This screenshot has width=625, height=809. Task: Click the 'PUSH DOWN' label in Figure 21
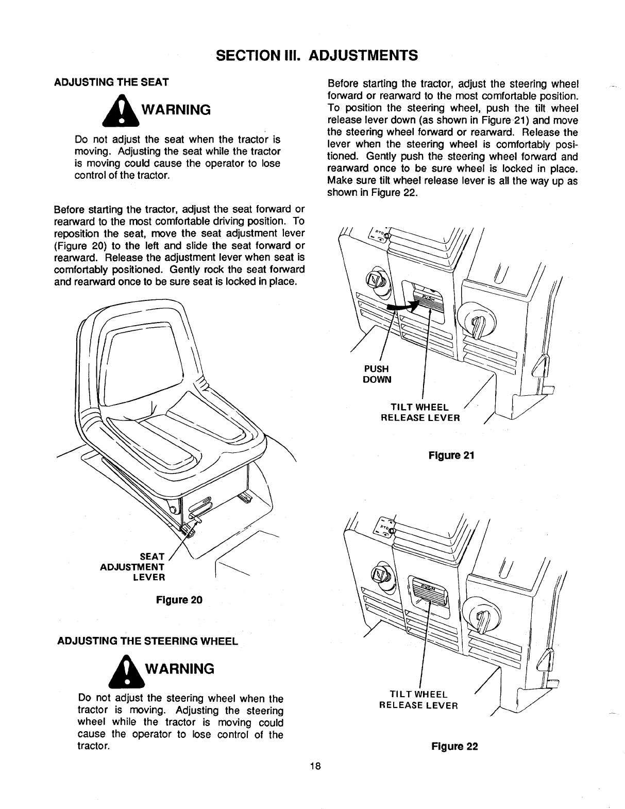pyautogui.click(x=377, y=374)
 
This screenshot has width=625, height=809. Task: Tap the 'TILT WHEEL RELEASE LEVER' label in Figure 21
pyautogui.click(x=420, y=412)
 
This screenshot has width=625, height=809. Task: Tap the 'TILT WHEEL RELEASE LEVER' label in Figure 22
pyautogui.click(x=418, y=700)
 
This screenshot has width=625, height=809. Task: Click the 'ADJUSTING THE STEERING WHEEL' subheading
pyautogui.click(x=148, y=641)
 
